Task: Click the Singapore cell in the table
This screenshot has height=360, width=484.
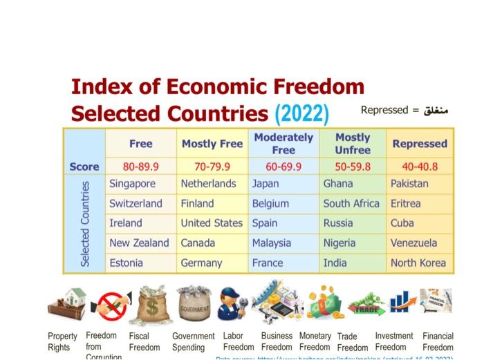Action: (x=132, y=184)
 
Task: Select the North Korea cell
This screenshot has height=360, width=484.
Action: (x=418, y=263)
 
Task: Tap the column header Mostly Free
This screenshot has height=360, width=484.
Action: (x=212, y=144)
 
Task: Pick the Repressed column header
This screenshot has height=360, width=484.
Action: (x=420, y=144)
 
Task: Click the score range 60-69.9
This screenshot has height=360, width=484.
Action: (x=283, y=167)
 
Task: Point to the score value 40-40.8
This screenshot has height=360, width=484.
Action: (x=420, y=167)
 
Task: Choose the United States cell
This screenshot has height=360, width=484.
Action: (x=212, y=223)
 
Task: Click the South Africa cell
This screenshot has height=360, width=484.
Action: (x=351, y=204)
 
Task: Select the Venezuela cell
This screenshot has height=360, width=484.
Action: (x=413, y=243)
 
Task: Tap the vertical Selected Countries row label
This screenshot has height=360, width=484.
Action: (x=85, y=223)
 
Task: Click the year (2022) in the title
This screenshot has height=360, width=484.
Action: (x=302, y=113)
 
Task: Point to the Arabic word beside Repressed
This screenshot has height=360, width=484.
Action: (x=434, y=111)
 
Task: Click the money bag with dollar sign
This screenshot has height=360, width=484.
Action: (x=153, y=305)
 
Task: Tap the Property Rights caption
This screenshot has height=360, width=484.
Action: (x=62, y=341)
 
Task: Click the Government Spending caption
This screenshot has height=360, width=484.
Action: (x=193, y=341)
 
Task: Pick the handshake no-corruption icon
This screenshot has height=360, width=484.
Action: (x=112, y=305)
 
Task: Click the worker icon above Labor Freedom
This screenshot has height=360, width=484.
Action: (x=232, y=304)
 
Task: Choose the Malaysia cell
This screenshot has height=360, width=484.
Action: (x=272, y=243)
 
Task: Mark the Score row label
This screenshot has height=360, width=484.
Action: (x=84, y=167)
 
